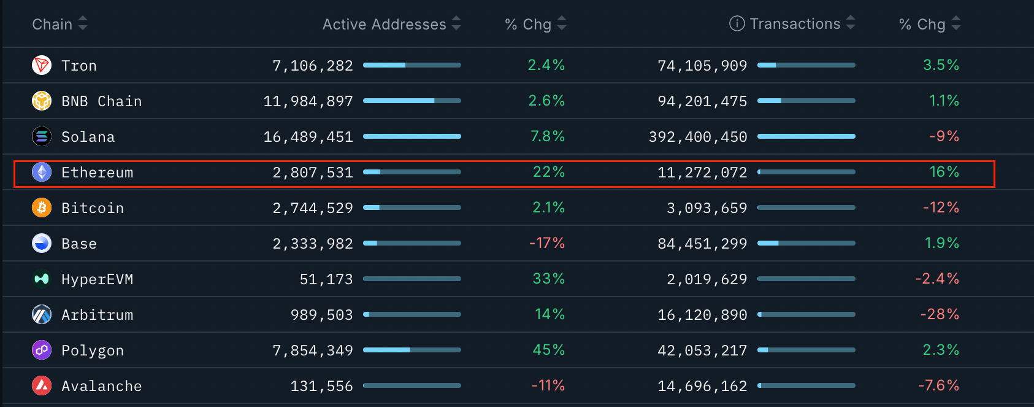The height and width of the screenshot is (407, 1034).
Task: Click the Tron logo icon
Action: (42, 65)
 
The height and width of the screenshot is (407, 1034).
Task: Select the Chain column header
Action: (52, 24)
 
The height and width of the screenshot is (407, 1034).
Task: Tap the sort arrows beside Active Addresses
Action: (456, 23)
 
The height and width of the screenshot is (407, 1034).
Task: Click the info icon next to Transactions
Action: (737, 23)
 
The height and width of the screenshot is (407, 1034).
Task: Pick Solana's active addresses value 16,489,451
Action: (308, 137)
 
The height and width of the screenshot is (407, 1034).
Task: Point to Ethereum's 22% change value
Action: (548, 172)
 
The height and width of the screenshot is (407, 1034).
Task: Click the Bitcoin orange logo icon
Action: (42, 207)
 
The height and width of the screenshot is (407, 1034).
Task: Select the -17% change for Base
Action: (546, 243)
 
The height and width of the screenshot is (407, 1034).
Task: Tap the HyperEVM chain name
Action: (97, 279)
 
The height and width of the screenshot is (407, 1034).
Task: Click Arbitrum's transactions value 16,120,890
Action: (702, 315)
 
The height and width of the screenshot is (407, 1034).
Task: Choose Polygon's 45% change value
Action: (548, 350)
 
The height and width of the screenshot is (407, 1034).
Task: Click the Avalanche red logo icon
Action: (42, 386)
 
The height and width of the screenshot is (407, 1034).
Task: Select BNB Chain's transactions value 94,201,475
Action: (702, 101)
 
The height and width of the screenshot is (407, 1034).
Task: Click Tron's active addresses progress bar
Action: (412, 65)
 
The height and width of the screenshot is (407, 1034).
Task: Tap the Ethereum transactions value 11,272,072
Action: (702, 172)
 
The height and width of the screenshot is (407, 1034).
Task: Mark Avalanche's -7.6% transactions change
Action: (938, 386)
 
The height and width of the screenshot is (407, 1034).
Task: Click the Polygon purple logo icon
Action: (42, 350)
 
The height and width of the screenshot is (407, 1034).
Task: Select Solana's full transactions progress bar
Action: (806, 136)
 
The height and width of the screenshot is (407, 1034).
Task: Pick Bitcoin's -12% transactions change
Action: (941, 207)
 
